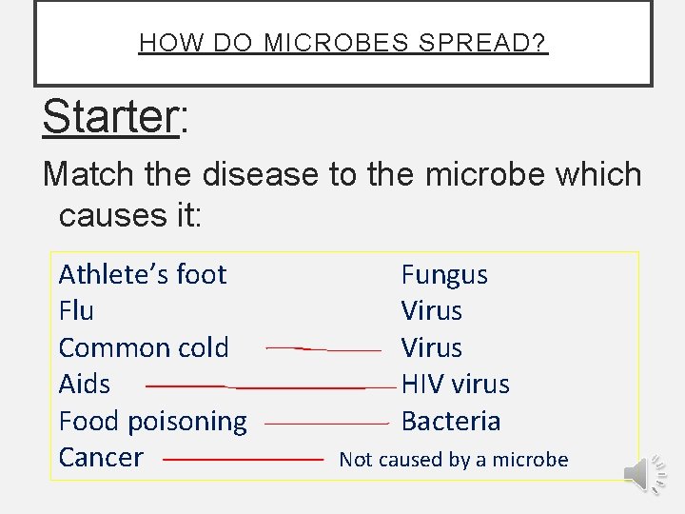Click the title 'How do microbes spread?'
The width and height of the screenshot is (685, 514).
pyautogui.click(x=342, y=44)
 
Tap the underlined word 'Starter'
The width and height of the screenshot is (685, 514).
pyautogui.click(x=110, y=117)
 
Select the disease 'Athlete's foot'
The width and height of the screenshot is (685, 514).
pyautogui.click(x=143, y=274)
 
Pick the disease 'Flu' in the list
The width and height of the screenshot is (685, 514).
pyautogui.click(x=76, y=311)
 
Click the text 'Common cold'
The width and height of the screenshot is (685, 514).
pyautogui.click(x=144, y=347)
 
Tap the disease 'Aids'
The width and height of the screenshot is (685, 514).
pyautogui.click(x=85, y=385)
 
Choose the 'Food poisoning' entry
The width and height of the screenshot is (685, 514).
pyautogui.click(x=152, y=421)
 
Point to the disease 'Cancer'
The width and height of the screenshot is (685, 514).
pyautogui.click(x=101, y=457)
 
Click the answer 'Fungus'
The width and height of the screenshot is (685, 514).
pyautogui.click(x=444, y=275)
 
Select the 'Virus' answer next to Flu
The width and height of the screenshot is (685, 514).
pyautogui.click(x=431, y=311)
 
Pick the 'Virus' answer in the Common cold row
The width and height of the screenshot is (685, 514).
pyautogui.click(x=431, y=347)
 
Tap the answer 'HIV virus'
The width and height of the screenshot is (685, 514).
pyautogui.click(x=455, y=385)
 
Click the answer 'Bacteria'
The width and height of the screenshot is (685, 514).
pyautogui.click(x=450, y=421)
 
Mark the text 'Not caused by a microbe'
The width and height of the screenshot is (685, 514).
pyautogui.click(x=453, y=460)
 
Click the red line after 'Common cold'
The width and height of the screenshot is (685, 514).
pyautogui.click(x=323, y=349)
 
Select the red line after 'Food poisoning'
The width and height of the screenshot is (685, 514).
pyautogui.click(x=326, y=423)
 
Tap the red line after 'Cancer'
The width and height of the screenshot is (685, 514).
pyautogui.click(x=244, y=459)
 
